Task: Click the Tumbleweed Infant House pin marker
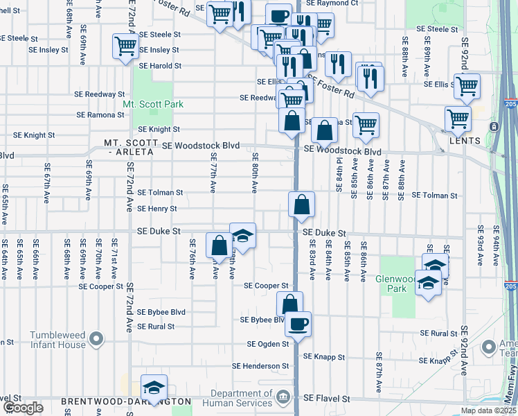[x=97, y=340]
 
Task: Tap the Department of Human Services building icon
[x=282, y=397]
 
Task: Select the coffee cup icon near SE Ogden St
[x=298, y=324]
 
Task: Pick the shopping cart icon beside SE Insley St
[x=125, y=48]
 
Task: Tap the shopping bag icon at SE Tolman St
[x=302, y=205]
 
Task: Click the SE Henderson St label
[x=260, y=366]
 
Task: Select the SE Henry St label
[x=157, y=209]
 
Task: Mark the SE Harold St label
[x=160, y=67]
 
